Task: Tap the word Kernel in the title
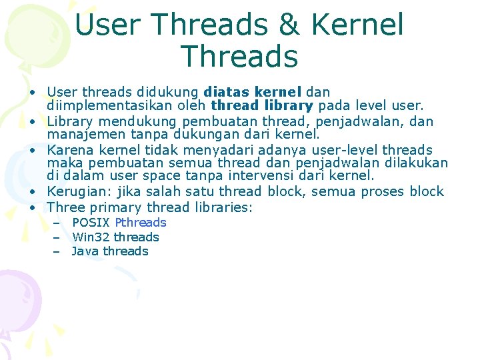tap(357, 25)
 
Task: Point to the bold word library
tap(289, 105)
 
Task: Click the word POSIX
tap(91, 223)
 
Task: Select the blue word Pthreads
tap(141, 223)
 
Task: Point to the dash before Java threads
tap(57, 251)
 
